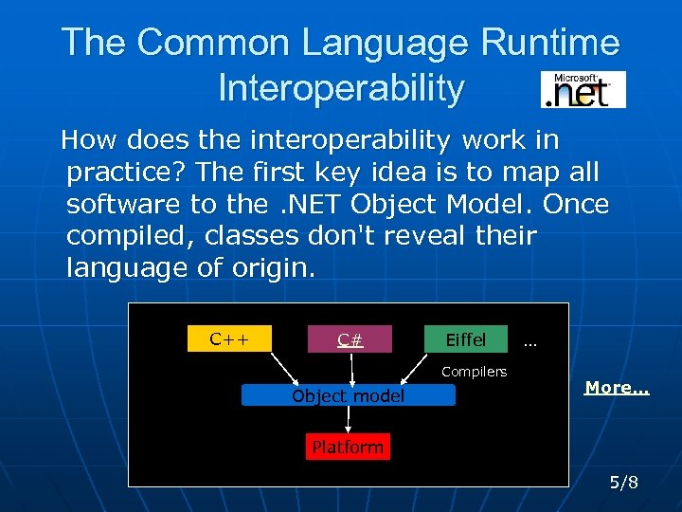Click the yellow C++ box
pos(229,338)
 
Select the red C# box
pos(350,339)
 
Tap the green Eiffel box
pos(465,339)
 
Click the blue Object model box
pos(348,395)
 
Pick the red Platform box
pos(348,447)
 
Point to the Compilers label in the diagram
pos(474,372)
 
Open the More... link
pos(617,387)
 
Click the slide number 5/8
pos(624,483)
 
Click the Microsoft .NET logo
pos(583,89)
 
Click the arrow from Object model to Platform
pos(348,420)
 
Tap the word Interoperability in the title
pos(341,88)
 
